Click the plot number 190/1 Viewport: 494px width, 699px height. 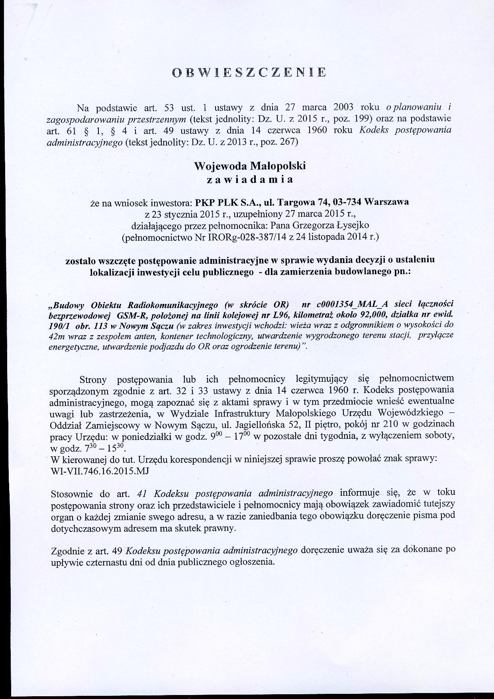pyautogui.click(x=59, y=326)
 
